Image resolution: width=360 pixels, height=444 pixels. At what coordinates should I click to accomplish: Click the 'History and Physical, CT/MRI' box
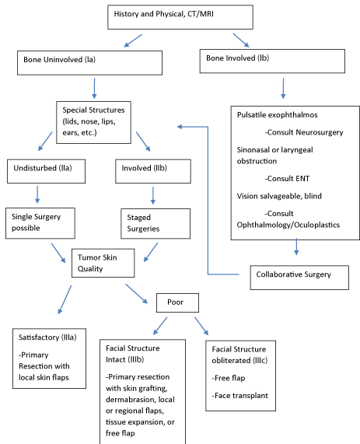point(180,17)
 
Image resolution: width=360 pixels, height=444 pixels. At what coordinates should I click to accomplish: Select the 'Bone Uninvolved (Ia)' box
point(89,63)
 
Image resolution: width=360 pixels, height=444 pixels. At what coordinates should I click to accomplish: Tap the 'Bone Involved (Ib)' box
point(272,61)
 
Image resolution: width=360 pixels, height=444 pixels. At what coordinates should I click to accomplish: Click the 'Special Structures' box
point(93,122)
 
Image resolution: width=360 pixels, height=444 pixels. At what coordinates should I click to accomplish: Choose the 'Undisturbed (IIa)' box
point(46,171)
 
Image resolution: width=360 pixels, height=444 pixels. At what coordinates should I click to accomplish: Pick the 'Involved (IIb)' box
point(153,171)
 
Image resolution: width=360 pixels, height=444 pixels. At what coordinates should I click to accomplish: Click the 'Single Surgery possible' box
point(40,223)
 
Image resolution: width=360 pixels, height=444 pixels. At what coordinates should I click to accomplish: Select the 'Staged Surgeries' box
point(156,224)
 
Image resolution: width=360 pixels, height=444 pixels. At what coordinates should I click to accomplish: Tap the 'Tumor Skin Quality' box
point(103,263)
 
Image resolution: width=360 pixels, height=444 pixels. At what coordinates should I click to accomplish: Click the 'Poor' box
point(177,302)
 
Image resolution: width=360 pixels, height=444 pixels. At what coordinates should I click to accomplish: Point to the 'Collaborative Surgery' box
point(299,278)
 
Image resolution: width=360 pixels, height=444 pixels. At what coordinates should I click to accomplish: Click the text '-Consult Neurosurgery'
point(304,132)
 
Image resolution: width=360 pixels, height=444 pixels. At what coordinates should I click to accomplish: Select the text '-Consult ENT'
point(287,179)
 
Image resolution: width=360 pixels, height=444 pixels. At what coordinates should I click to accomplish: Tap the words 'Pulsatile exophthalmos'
point(278,115)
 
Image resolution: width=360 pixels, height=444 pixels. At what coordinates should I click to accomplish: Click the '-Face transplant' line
point(240,396)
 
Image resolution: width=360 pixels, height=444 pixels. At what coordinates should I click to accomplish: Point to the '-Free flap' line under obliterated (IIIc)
point(229,378)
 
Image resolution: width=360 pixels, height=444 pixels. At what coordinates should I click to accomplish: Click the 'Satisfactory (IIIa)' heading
point(47,337)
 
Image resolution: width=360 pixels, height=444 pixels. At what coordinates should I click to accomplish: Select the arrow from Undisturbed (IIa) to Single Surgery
point(37,194)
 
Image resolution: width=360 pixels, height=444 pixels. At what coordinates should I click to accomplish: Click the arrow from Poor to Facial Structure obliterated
point(201,326)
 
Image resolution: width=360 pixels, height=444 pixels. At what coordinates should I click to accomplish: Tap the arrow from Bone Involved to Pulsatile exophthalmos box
point(283,89)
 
